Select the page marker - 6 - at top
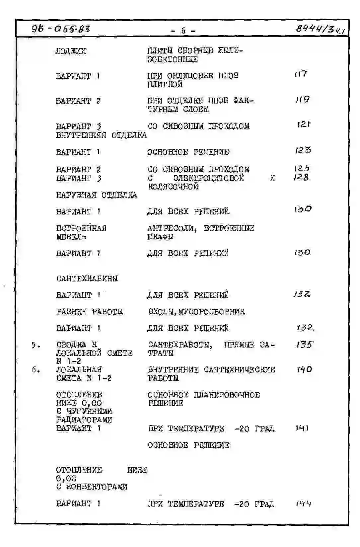click(x=183, y=31)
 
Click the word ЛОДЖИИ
click(x=71, y=51)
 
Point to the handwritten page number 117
click(x=301, y=74)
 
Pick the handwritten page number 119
click(x=303, y=99)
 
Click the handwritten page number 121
click(x=304, y=124)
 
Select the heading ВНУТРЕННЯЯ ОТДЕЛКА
click(x=101, y=135)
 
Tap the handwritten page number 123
click(x=303, y=150)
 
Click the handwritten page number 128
click(x=301, y=177)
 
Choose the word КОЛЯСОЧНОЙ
click(x=173, y=187)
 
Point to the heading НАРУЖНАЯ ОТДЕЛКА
click(x=97, y=195)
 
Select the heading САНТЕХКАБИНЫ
click(x=87, y=278)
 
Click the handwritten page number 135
click(x=304, y=345)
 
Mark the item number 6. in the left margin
click(x=36, y=369)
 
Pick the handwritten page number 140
click(x=304, y=369)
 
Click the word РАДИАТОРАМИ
click(x=84, y=420)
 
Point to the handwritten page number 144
click(x=303, y=504)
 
